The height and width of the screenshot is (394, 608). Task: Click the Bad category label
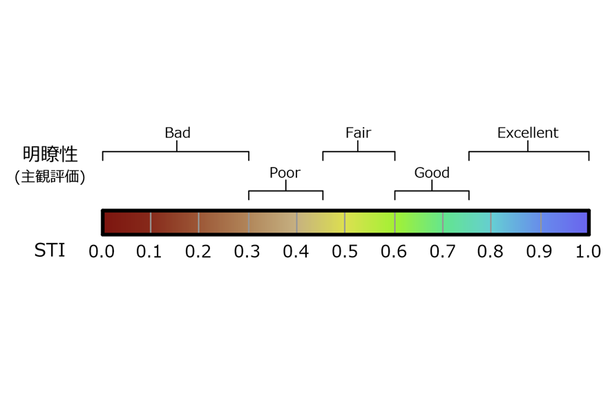coord(178,133)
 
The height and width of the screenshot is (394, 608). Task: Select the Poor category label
coord(285,173)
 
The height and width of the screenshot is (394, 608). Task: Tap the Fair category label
coord(359,133)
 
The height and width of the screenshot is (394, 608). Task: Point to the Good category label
coord(432,173)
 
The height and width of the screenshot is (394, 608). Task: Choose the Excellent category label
coord(528,133)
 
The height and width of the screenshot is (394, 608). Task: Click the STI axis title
coord(50,250)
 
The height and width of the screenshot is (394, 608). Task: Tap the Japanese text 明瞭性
coord(50,154)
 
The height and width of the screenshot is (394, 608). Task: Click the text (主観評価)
coord(50,177)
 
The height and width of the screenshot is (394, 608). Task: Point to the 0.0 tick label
coord(102,251)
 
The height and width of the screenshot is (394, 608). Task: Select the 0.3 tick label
coord(247,251)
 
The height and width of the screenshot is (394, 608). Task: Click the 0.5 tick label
coord(345,251)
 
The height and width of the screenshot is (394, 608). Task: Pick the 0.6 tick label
coord(394,251)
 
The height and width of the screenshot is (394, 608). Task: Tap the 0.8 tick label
coord(490,251)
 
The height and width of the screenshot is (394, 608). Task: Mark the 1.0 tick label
coord(588,251)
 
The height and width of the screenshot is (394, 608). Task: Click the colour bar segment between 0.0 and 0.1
coord(128,222)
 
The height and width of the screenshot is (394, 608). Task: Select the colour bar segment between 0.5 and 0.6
coord(370,222)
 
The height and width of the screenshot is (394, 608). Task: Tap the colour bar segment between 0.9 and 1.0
coord(564,222)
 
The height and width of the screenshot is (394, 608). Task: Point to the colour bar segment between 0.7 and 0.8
coord(467,222)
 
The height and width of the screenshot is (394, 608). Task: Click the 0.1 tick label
coord(149,251)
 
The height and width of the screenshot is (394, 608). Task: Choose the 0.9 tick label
coord(539,251)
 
